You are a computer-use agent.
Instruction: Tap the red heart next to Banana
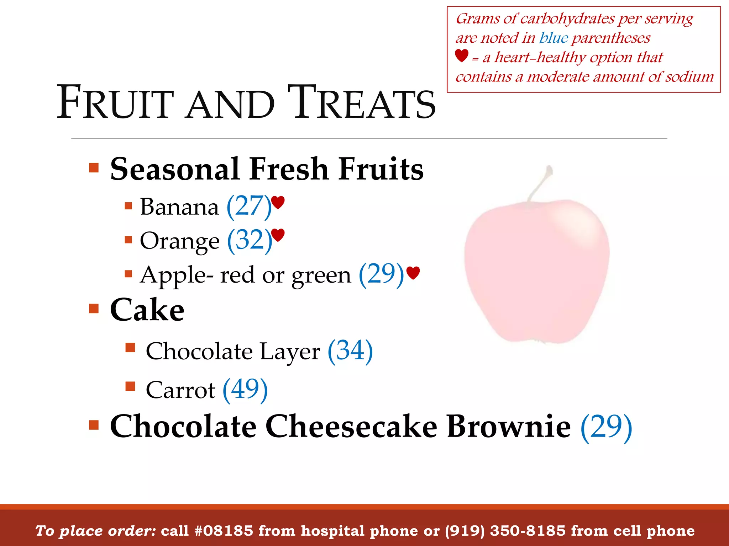coord(278,202)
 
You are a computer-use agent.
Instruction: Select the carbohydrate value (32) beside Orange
coord(250,241)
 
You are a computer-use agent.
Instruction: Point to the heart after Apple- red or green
coord(413,273)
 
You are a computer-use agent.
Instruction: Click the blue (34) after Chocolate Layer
coord(350,351)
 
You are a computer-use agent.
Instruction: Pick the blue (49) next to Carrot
coord(245,390)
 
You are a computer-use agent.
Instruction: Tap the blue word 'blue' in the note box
coord(554,38)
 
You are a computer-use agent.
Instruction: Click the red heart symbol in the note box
coord(462,56)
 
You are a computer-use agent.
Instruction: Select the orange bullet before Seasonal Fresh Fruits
coord(94,167)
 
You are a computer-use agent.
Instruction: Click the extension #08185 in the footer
coord(224,531)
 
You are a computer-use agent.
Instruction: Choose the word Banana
coord(179,207)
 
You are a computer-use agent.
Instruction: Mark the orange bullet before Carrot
coord(130,386)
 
